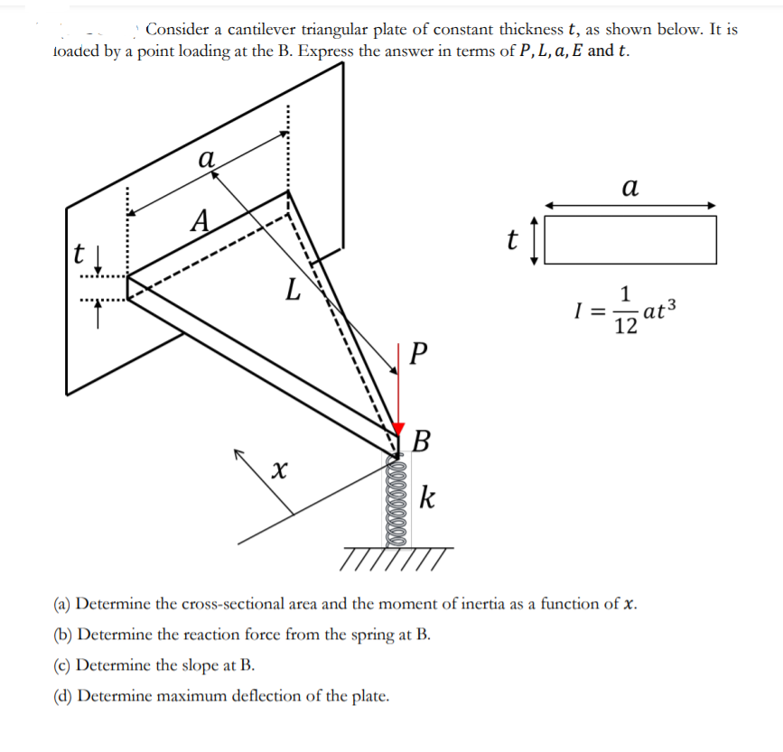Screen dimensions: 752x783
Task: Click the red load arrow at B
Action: (399, 397)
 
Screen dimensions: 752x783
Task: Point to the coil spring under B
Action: (398, 499)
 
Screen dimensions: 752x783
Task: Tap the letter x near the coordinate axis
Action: (281, 469)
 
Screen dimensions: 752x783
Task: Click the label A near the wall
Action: (202, 219)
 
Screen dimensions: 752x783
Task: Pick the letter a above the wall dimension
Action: (206, 160)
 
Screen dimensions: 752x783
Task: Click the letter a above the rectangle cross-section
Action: (629, 187)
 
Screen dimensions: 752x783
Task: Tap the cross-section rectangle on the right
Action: (630, 239)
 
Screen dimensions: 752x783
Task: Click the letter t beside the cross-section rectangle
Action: (512, 239)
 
